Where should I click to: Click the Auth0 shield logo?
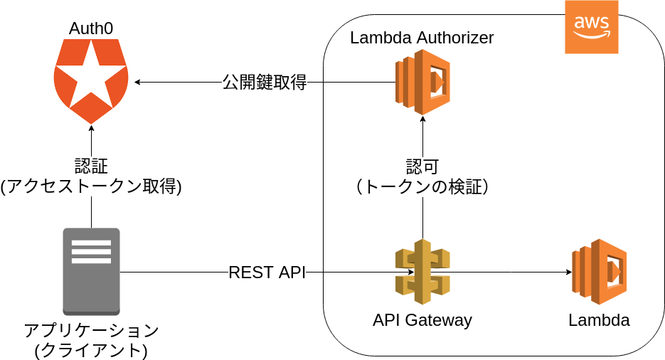coord(91,80)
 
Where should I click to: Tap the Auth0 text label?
coord(91,28)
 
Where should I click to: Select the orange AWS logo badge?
coord(592,27)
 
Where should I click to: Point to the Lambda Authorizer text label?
coord(422,38)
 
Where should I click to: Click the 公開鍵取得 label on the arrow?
coord(265,83)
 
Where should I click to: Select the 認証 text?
coord(91,166)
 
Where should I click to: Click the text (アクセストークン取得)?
coord(91,186)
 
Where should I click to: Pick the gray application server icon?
coord(91,271)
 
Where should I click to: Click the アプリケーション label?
coord(91,331)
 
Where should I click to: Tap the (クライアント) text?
coord(91,350)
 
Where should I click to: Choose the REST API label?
coord(267,272)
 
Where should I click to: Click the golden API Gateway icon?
coord(422,272)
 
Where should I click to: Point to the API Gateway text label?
coord(422,320)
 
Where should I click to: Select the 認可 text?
coord(422,167)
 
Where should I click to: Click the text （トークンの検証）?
coord(422,187)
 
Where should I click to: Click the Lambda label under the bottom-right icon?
coord(599,320)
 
